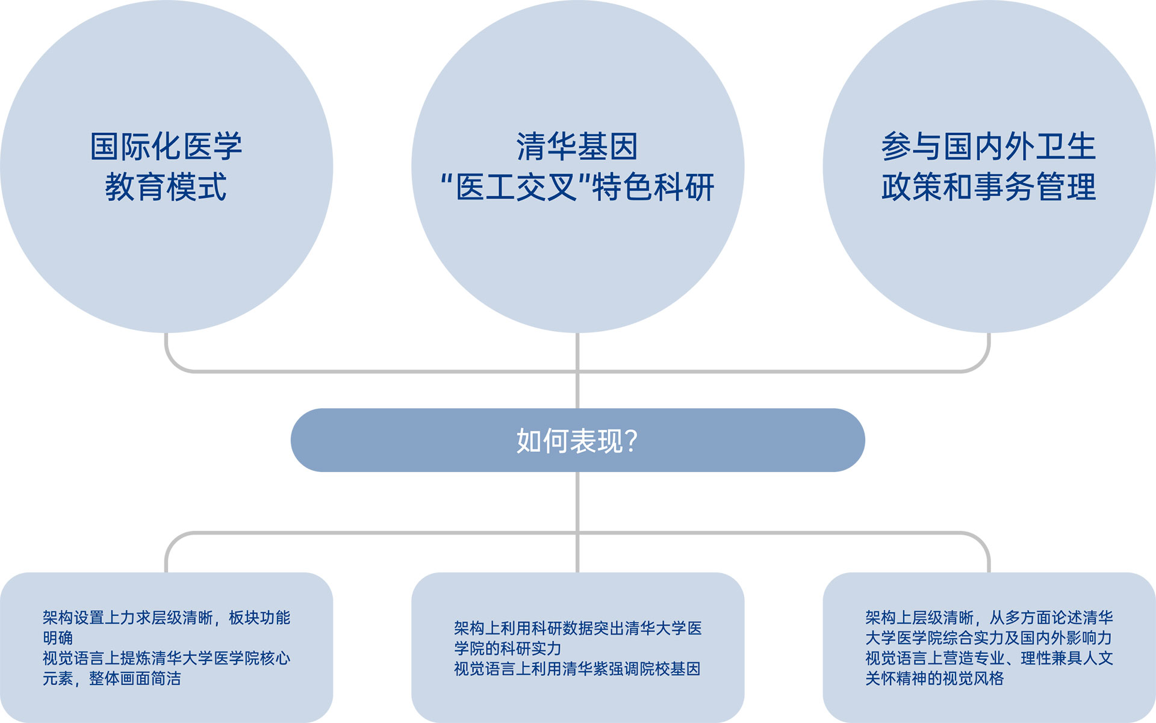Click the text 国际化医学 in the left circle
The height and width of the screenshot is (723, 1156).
(166, 146)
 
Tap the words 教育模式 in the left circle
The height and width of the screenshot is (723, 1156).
(166, 187)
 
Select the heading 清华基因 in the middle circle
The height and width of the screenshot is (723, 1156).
(577, 146)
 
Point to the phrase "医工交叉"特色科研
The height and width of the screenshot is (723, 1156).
(577, 187)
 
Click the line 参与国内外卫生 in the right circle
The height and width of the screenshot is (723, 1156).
(988, 146)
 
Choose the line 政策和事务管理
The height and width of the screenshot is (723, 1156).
(988, 187)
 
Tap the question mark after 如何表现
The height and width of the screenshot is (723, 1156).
(632, 441)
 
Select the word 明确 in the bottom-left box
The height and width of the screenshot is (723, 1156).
(58, 638)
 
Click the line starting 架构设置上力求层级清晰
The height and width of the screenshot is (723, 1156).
(166, 618)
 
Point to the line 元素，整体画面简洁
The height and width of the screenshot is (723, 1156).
(111, 678)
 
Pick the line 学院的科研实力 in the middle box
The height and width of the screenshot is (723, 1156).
(508, 648)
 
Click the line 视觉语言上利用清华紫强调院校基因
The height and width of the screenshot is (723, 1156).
(577, 669)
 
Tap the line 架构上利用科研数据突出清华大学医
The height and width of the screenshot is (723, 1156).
(577, 628)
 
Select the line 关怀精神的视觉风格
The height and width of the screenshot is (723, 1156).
(934, 678)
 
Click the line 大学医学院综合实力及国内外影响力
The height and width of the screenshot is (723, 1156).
(988, 638)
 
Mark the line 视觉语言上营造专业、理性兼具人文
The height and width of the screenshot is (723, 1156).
(989, 658)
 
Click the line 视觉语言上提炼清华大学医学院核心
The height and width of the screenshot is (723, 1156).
(166, 658)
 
